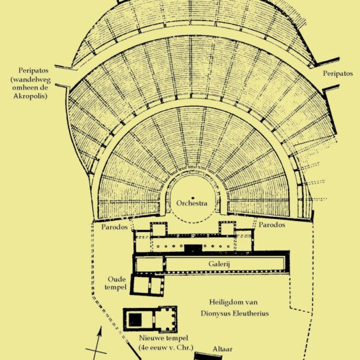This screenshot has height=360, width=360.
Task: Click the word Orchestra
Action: point(192,203)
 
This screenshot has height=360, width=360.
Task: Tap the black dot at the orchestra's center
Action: point(193,198)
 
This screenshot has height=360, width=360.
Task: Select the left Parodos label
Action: point(114,227)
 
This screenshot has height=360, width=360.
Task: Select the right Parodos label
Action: point(272,224)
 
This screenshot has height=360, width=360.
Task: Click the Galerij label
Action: point(219,263)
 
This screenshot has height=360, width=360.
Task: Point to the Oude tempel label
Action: point(116,283)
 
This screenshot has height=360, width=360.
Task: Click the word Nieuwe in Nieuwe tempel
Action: point(151,338)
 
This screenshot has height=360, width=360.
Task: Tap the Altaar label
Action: point(222,349)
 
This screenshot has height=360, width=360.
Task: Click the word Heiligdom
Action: point(224,302)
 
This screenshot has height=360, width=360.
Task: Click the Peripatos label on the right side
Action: point(337,73)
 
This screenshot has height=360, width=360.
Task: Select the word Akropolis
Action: point(30,96)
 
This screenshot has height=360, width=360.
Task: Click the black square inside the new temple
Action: point(135,320)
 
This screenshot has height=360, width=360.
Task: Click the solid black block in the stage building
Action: point(193,248)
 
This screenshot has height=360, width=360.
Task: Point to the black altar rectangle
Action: point(208,357)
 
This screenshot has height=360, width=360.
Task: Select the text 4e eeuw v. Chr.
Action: point(166,348)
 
